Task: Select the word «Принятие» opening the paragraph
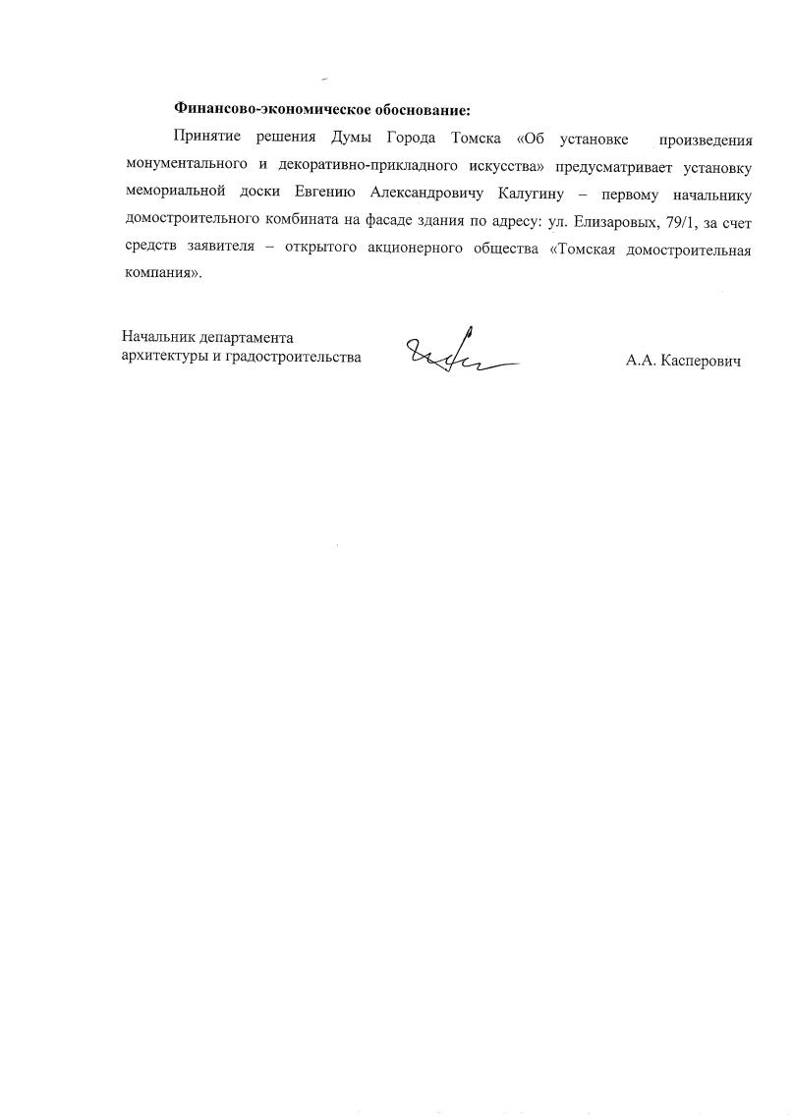(205, 136)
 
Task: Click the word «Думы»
(342, 136)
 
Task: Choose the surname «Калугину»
(556, 191)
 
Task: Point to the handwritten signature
(457, 352)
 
